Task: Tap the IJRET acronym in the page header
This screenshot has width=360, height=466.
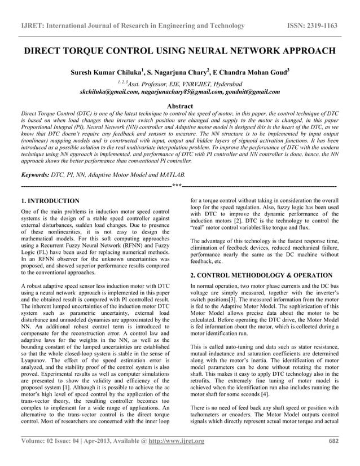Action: click(x=33, y=26)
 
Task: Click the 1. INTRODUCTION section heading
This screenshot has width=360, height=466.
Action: click(x=50, y=201)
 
